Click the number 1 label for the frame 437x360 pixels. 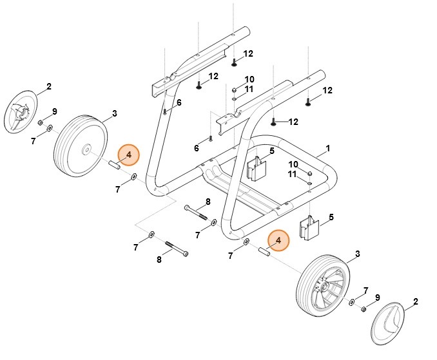point(327,149)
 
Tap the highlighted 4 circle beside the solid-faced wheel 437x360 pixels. point(128,155)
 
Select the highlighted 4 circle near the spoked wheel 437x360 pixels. point(278,240)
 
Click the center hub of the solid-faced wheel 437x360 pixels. point(85,152)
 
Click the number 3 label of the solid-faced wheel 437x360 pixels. point(114,114)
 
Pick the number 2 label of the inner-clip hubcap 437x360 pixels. point(48,86)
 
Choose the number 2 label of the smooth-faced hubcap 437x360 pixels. point(415,301)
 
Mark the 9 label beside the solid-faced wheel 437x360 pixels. point(55,111)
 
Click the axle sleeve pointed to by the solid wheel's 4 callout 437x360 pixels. point(115,166)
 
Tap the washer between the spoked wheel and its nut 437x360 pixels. point(352,302)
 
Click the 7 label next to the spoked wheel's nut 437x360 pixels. point(365,290)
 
